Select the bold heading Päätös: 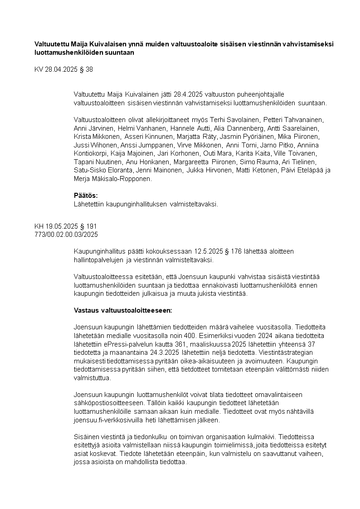coord(86,196)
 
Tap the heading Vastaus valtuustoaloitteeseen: coord(123,311)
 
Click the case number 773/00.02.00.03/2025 coord(66,235)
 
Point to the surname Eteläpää coord(306,170)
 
